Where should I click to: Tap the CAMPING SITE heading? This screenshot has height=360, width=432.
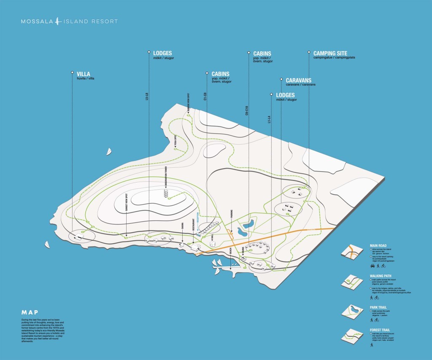(x=330, y=54)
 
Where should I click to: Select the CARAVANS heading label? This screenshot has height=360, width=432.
(x=298, y=80)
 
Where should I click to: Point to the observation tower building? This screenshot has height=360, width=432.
(x=166, y=193)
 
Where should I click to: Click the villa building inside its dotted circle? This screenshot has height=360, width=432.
(x=78, y=238)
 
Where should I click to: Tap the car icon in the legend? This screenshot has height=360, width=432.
(x=373, y=266)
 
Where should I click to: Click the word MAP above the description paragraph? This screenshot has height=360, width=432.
(x=30, y=312)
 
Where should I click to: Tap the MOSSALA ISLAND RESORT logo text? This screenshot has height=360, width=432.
(x=70, y=21)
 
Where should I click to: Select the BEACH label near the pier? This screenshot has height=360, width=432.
(x=230, y=250)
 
